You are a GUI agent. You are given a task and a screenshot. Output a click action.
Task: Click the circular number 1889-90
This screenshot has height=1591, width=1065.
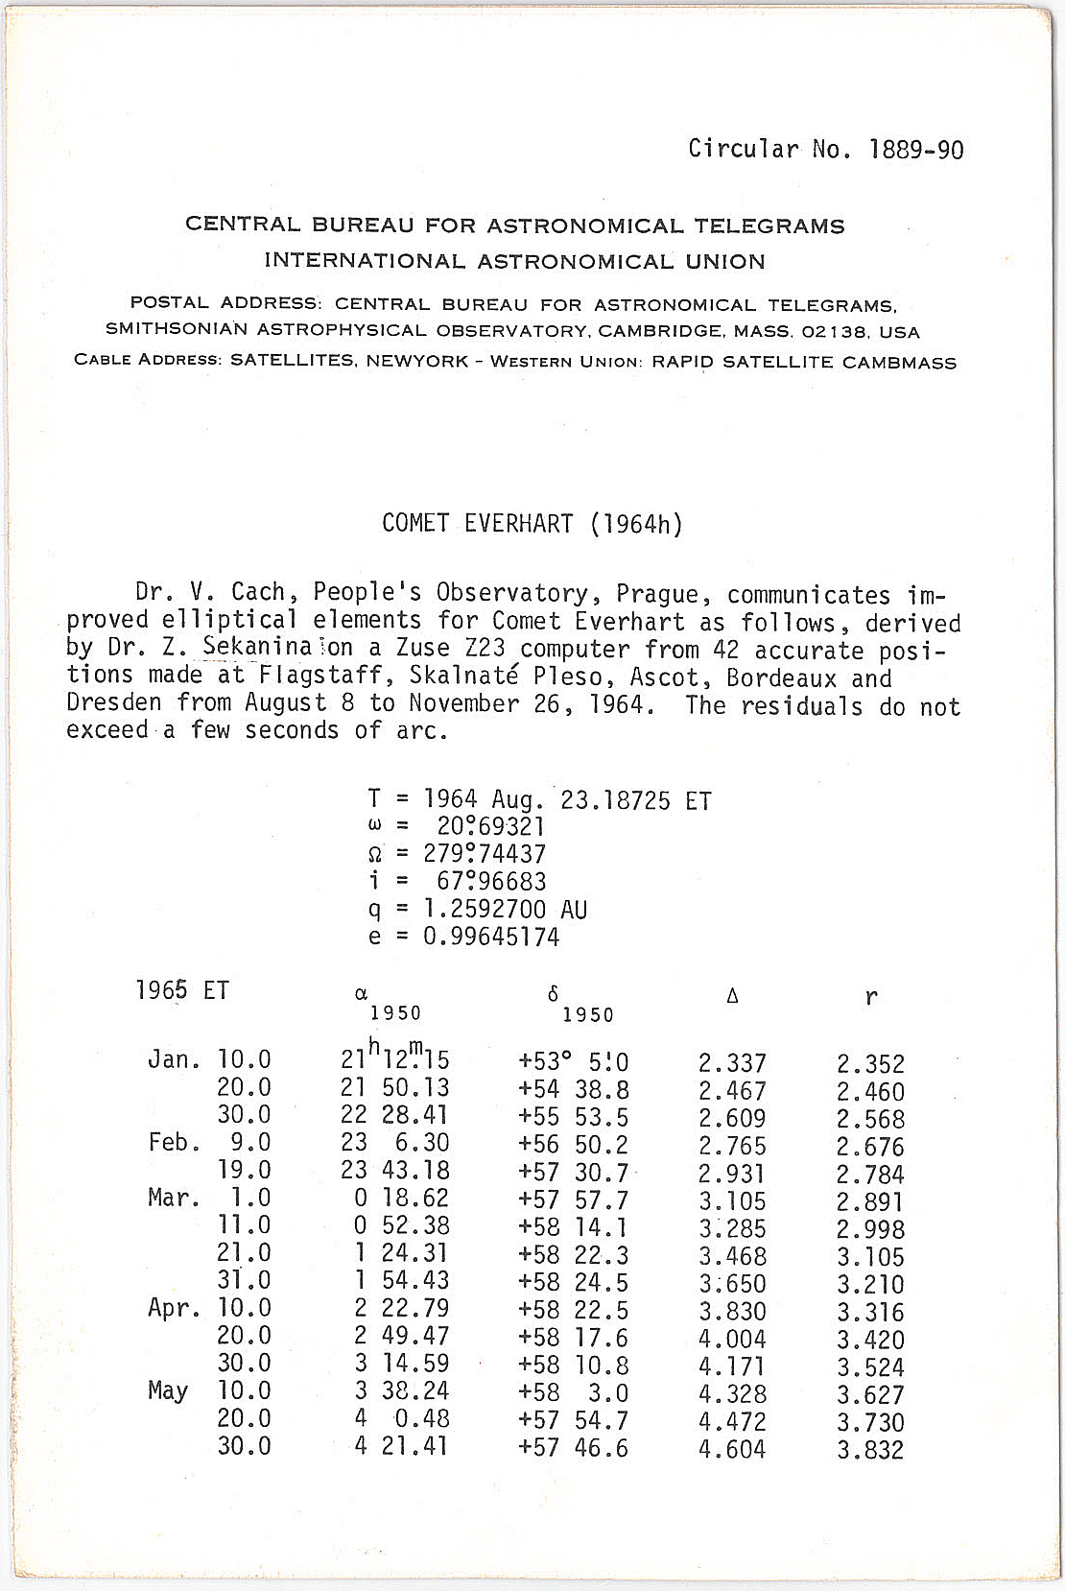click(x=916, y=150)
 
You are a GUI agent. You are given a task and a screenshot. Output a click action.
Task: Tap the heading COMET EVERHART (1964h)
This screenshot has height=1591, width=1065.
click(x=532, y=524)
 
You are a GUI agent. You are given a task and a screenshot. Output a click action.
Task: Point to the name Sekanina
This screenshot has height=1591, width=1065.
click(x=256, y=649)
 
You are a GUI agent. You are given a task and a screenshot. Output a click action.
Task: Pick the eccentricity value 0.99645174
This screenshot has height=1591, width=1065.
click(x=490, y=937)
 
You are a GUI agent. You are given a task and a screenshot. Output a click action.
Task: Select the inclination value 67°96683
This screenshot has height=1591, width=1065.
click(x=490, y=881)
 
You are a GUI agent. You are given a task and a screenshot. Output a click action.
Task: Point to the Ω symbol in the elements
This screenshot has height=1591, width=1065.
click(x=375, y=854)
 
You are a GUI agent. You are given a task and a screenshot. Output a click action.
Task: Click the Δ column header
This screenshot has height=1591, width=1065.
click(x=732, y=996)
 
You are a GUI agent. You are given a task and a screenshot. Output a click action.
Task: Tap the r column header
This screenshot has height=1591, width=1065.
click(x=870, y=997)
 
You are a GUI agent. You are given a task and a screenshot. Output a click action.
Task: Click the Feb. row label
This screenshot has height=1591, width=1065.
click(x=174, y=1143)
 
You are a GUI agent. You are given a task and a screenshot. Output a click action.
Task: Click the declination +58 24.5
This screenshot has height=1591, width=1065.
click(x=573, y=1281)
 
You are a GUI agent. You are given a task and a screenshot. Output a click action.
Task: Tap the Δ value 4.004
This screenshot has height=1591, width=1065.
click(x=732, y=1339)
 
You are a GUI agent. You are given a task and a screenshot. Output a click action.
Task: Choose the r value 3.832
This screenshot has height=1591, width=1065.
click(x=870, y=1450)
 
